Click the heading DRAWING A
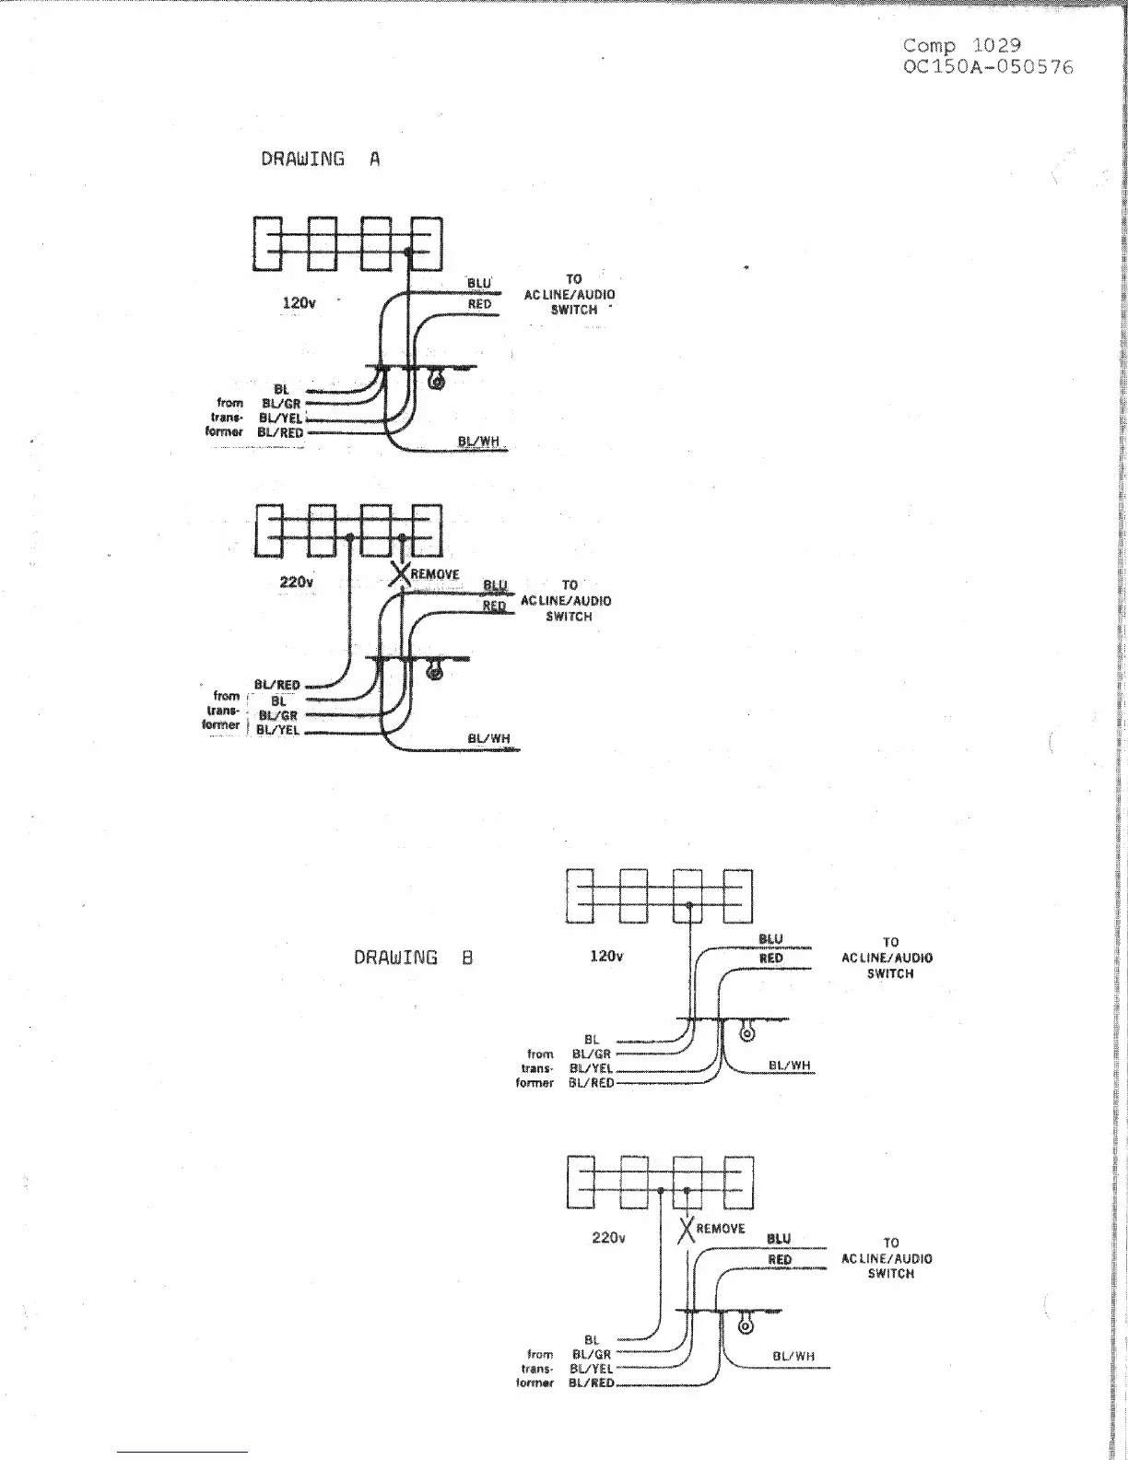click(x=320, y=159)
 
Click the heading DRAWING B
click(x=413, y=958)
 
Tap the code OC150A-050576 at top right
click(x=988, y=67)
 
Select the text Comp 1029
click(x=961, y=45)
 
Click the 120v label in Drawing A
click(x=300, y=302)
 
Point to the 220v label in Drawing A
click(x=296, y=582)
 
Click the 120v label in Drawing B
click(x=605, y=956)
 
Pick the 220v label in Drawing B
click(x=608, y=1237)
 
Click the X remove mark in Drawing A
click(x=400, y=574)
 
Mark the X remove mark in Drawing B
click(x=687, y=1229)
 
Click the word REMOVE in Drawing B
click(x=721, y=1229)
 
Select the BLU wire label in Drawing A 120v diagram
click(x=479, y=284)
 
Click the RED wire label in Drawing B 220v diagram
click(x=780, y=1260)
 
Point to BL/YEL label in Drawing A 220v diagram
click(x=277, y=730)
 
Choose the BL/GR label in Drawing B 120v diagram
click(x=592, y=1054)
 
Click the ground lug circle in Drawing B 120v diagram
click(x=747, y=1034)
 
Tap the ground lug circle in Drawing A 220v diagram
click(x=436, y=673)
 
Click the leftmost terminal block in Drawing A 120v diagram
click(x=266, y=244)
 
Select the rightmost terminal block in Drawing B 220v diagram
click(x=738, y=1182)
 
